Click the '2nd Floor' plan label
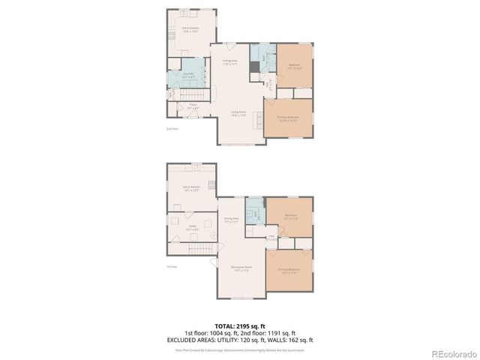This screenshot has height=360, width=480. coord(171,128)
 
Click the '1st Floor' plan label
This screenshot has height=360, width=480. coord(171,266)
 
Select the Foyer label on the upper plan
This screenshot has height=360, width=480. coord(193,106)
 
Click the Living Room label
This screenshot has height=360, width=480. coord(238,113)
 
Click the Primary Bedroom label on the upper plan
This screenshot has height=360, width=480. coord(289,118)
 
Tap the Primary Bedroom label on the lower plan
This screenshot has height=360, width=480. coord(289,270)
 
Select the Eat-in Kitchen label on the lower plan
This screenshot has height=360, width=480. coord(191,187)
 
